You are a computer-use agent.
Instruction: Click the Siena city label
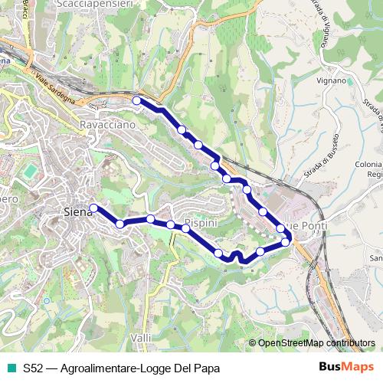click(77, 212)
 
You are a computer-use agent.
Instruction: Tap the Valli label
click(141, 337)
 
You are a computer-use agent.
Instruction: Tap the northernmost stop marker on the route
click(136, 100)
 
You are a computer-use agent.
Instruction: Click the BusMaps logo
click(347, 367)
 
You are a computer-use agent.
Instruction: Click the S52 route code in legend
click(32, 368)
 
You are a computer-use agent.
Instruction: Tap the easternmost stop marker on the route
click(286, 242)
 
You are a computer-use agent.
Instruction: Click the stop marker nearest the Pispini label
click(185, 228)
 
